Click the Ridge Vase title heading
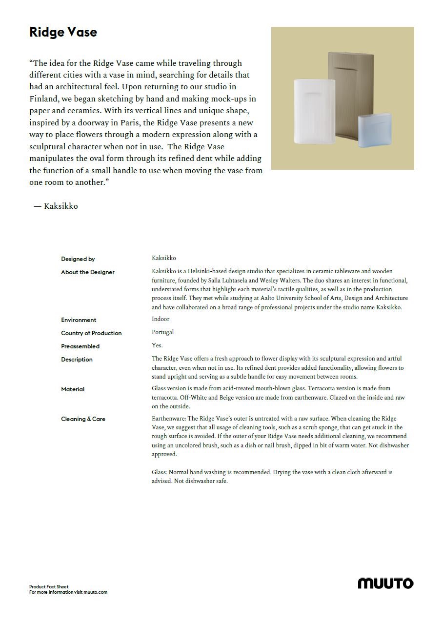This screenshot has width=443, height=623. [x=63, y=32]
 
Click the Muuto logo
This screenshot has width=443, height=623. [x=385, y=583]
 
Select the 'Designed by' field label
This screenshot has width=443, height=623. [x=78, y=259]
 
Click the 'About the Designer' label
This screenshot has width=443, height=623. [x=88, y=272]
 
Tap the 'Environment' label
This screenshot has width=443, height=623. [x=79, y=320]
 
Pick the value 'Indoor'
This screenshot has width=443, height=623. [x=161, y=319]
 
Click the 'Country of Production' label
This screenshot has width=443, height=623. [x=91, y=333]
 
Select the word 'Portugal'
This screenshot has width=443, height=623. [x=162, y=332]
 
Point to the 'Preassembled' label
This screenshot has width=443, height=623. [x=80, y=346]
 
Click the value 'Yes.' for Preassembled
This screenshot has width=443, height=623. [x=157, y=345]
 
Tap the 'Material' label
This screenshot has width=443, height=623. [x=73, y=389]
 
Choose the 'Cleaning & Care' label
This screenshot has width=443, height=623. [x=83, y=419]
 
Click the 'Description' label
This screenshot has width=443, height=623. [x=77, y=360]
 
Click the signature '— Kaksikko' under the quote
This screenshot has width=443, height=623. [x=56, y=206]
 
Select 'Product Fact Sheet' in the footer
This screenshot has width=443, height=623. [x=49, y=587]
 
